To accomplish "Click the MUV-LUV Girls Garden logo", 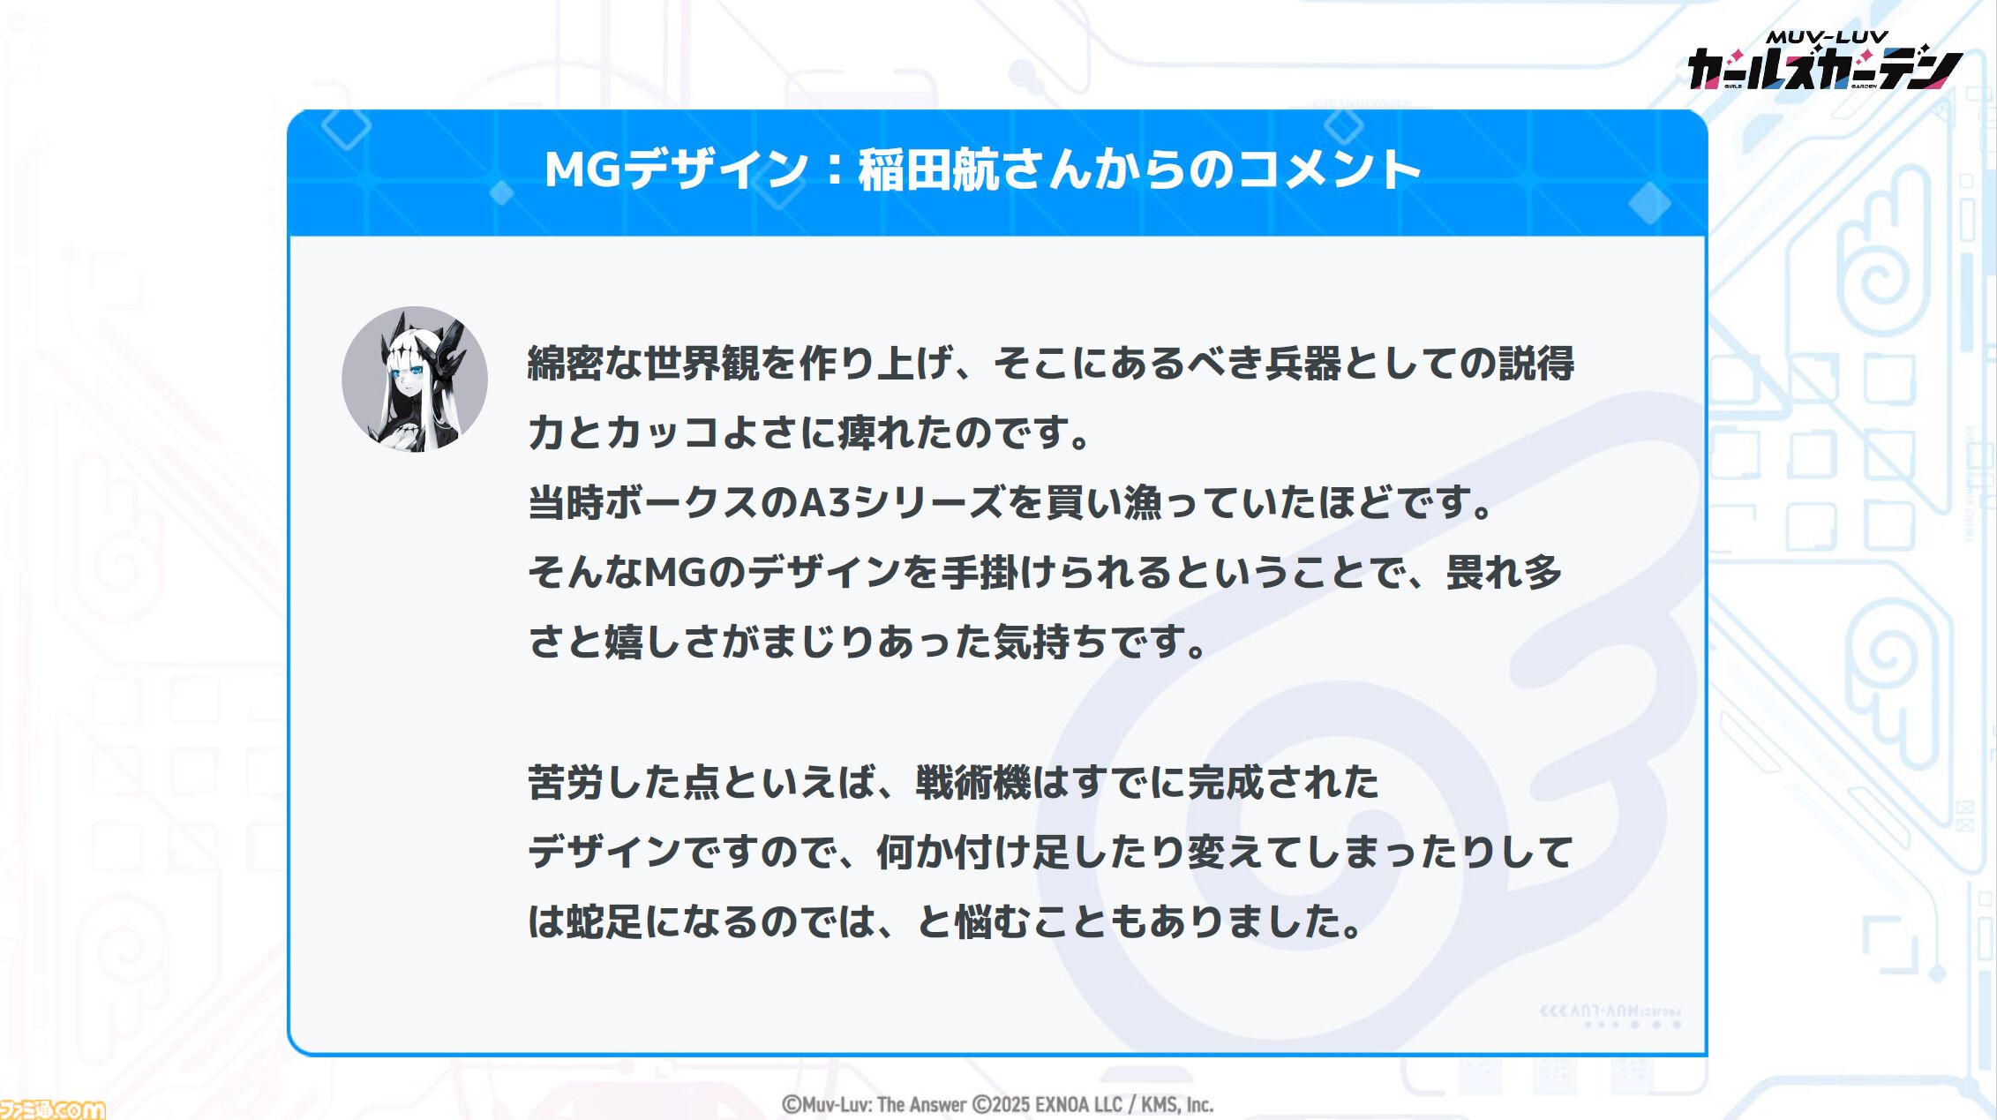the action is pyautogui.click(x=1824, y=62).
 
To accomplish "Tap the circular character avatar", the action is pyautogui.click(x=415, y=380).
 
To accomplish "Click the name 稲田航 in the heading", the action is pyautogui.click(x=927, y=169).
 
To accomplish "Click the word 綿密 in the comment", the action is pyautogui.click(x=565, y=364).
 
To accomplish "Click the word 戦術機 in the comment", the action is pyautogui.click(x=972, y=783).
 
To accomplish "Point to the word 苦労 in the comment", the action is pyautogui.click(x=565, y=783).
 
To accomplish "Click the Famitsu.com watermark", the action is pyautogui.click(x=52, y=1109).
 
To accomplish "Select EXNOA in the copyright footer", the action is pyautogui.click(x=1066, y=1105).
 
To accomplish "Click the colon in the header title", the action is pyautogui.click(x=833, y=170).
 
